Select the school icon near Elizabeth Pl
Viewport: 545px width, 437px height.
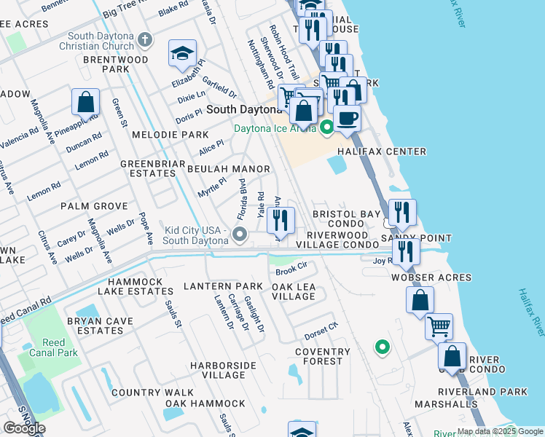click(x=182, y=53)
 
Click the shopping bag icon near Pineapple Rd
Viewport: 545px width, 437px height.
click(x=85, y=103)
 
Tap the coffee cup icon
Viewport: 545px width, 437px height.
click(x=347, y=117)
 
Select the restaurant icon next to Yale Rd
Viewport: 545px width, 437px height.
click(x=281, y=220)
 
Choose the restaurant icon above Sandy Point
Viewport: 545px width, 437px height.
click(x=402, y=213)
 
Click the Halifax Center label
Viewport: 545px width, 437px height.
click(x=381, y=151)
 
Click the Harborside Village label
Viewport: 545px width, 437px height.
click(x=218, y=369)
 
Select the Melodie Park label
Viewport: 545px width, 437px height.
click(x=170, y=135)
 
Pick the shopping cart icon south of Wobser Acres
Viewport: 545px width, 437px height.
click(x=439, y=327)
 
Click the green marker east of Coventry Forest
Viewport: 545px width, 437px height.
click(x=381, y=347)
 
